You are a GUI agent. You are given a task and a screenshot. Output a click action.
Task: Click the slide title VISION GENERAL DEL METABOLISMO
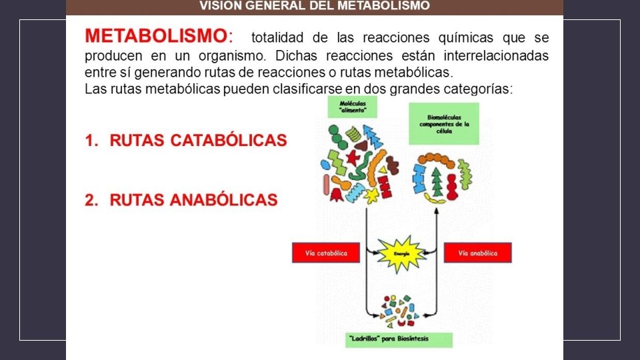coord(315,6)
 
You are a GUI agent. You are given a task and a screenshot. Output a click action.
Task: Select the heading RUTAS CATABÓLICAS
coord(198,141)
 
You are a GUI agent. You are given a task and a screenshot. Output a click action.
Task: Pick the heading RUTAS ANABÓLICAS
coord(193,200)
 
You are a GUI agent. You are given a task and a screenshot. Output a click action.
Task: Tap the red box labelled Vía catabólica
coord(325,253)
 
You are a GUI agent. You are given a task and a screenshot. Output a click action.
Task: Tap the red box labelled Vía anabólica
coord(477,253)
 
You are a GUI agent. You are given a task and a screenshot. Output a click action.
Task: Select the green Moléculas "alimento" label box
coord(352,107)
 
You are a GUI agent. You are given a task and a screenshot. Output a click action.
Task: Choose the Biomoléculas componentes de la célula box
coord(444,124)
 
